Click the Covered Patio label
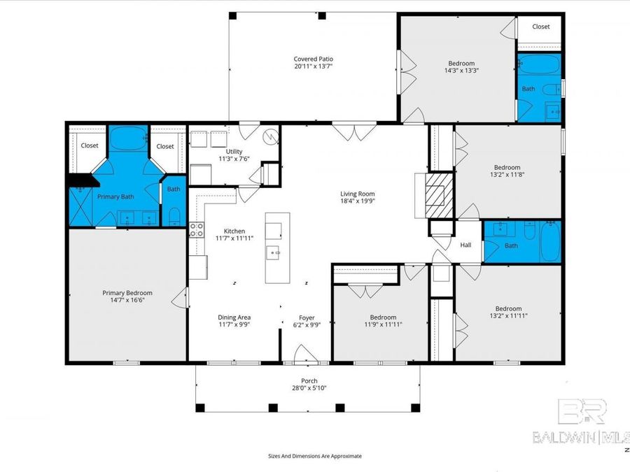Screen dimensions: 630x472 pos(313,59)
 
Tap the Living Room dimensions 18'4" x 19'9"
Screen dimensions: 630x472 pos(357,201)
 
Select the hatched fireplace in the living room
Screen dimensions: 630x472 pos(440,196)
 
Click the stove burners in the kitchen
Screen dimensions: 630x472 pos(197,230)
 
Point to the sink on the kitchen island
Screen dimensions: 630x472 pos(272,253)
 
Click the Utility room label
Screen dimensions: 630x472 pos(234,151)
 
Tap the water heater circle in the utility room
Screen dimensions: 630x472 pos(270,137)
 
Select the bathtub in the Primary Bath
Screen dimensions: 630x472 pos(128,138)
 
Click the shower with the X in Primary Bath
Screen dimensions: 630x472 pos(80,207)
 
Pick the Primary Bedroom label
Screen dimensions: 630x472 pos(127,293)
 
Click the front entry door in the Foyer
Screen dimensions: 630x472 pos(306,354)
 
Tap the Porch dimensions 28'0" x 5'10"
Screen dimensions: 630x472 pos(309,388)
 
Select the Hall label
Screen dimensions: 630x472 pos(465,245)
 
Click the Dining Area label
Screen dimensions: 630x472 pos(234,317)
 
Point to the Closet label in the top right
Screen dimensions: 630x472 pos(541,27)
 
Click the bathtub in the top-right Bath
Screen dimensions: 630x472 pos(539,64)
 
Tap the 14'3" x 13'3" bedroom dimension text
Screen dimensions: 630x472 pos(461,70)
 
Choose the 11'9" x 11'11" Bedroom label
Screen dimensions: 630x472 pos(384,317)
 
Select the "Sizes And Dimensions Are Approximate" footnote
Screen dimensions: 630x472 pos(315,456)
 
